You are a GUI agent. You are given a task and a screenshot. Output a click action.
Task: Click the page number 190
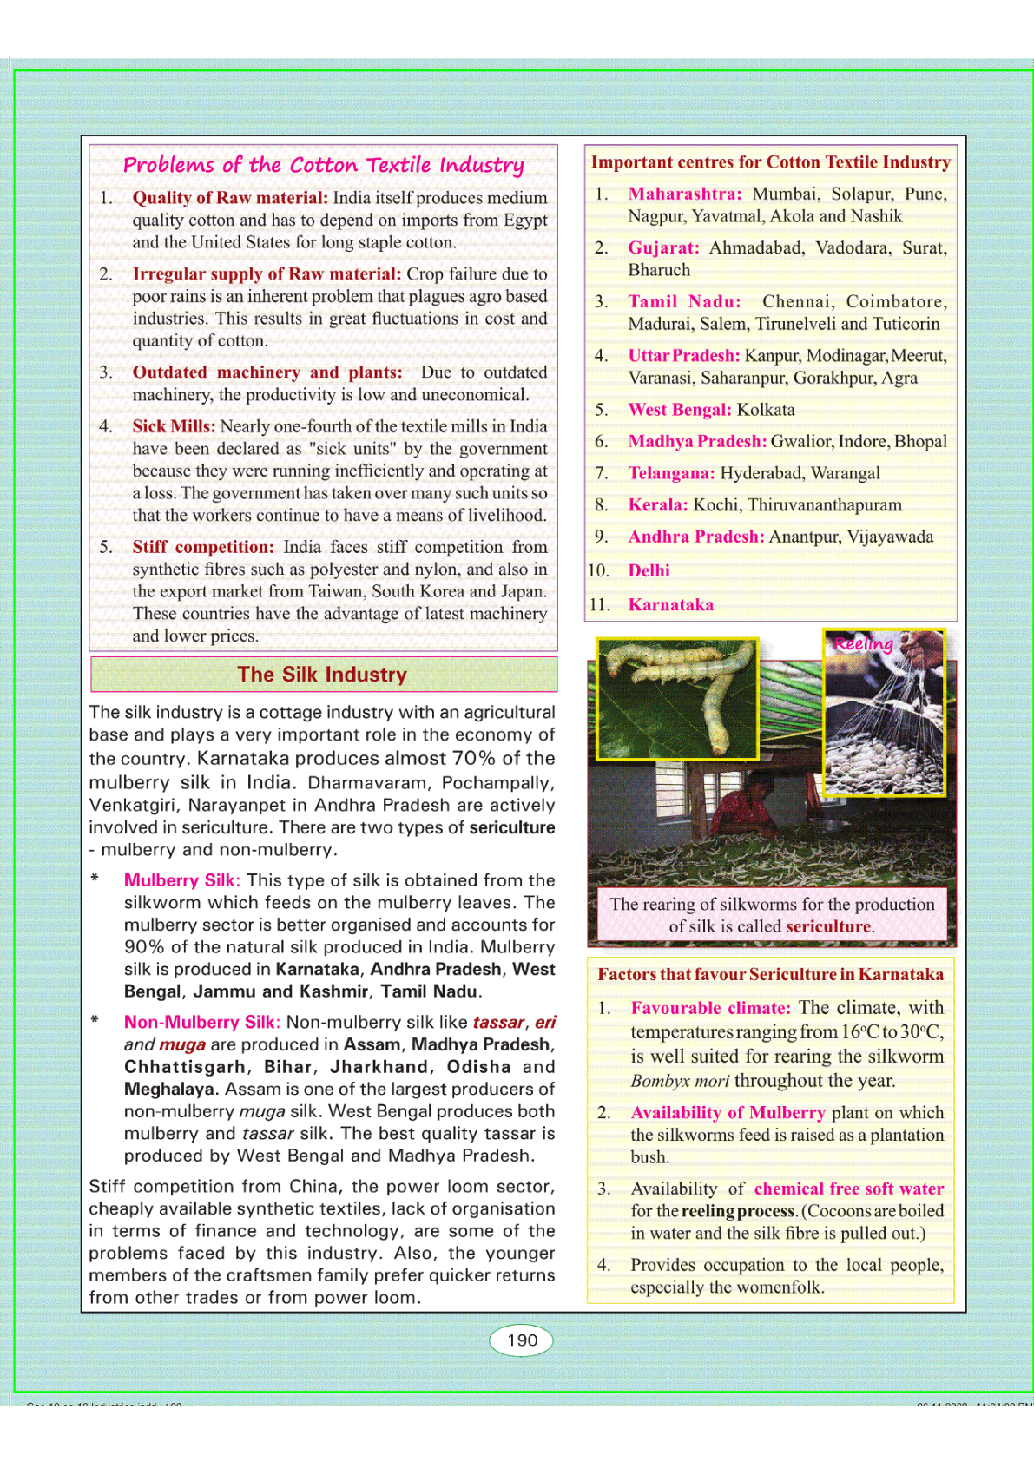pyautogui.click(x=522, y=1340)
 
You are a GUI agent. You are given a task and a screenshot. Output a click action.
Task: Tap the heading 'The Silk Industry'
pyautogui.click(x=322, y=675)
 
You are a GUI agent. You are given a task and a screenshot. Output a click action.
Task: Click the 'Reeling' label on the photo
pyautogui.click(x=863, y=643)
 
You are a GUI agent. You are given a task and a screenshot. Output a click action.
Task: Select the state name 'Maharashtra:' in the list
pyautogui.click(x=685, y=194)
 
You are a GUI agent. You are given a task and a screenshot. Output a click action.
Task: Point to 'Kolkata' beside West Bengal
pyautogui.click(x=766, y=410)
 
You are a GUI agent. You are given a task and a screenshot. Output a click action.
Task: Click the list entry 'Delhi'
pyautogui.click(x=649, y=570)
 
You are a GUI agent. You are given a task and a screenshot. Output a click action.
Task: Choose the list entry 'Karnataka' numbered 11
pyautogui.click(x=671, y=604)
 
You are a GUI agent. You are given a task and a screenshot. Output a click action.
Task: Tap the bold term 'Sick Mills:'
pyautogui.click(x=174, y=426)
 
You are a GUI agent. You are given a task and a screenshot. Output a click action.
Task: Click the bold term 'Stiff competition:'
pyautogui.click(x=203, y=547)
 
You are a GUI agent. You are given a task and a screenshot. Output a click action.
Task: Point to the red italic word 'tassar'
pyautogui.click(x=498, y=1023)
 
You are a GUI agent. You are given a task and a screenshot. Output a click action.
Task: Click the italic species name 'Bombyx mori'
pyautogui.click(x=680, y=1081)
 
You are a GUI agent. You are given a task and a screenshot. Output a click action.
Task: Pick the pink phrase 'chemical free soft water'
pyautogui.click(x=849, y=1189)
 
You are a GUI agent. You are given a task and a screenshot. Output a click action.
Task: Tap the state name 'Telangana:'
pyautogui.click(x=671, y=473)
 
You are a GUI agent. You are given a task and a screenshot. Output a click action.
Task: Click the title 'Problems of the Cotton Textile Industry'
pyautogui.click(x=323, y=165)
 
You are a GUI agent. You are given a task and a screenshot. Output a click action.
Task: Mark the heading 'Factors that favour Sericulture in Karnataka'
pyautogui.click(x=770, y=974)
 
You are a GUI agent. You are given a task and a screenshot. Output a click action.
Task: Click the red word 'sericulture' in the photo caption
pyautogui.click(x=828, y=926)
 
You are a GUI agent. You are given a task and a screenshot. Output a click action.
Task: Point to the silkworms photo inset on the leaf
pyautogui.click(x=677, y=698)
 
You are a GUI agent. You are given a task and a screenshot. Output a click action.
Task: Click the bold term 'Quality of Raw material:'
pyautogui.click(x=230, y=198)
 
